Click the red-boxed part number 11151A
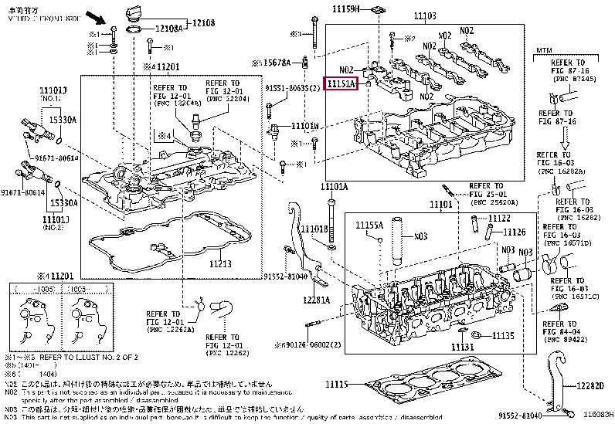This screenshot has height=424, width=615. pos(341,83)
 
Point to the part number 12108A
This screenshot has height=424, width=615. pos(169,29)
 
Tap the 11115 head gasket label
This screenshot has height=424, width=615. pos(337,384)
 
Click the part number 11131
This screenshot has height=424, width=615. pos(462,348)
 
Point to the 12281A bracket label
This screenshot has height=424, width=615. pos(316,300)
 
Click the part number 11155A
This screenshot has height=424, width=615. pos(369,225)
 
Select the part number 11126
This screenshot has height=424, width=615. pos(515,232)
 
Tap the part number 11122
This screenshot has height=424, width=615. pos(499,219)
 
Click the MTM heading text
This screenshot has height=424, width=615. pos(543,49)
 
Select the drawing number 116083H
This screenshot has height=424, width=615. pos(597,416)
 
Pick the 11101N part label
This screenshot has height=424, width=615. pos(304,125)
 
